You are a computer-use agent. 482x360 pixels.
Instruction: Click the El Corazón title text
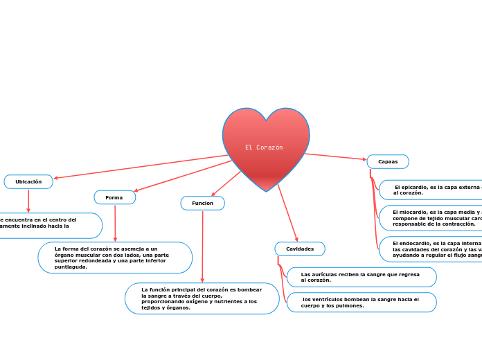pos(264,147)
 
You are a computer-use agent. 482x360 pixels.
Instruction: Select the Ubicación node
pos(28,181)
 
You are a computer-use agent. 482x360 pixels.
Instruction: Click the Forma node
pos(114,197)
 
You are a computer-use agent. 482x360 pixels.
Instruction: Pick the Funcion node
pos(202,203)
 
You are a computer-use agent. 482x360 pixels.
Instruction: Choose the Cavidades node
pos(299,249)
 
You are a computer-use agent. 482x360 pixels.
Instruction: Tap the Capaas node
pos(388,161)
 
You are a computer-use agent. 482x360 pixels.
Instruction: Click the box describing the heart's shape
pos(115,258)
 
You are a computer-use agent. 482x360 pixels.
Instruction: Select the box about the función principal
pos(202,298)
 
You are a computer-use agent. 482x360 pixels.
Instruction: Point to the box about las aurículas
pos(361,277)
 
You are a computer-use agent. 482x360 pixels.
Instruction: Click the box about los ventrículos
pos(361,302)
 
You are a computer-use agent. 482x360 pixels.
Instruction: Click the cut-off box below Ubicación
pos(48,226)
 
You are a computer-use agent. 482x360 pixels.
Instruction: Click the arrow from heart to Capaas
pos(336,156)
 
